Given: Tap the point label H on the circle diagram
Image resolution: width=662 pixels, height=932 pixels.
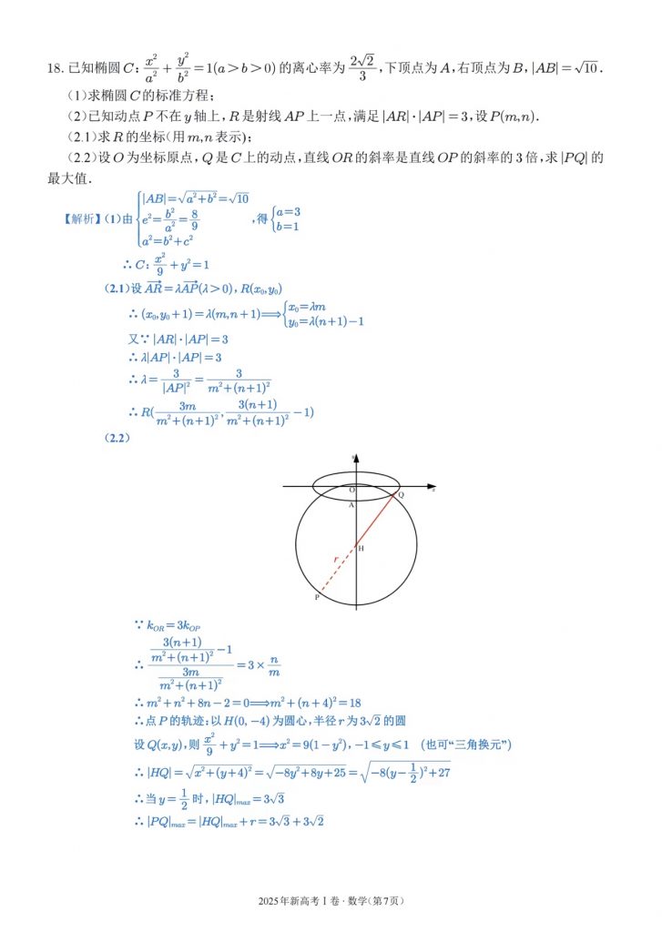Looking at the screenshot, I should (361, 549).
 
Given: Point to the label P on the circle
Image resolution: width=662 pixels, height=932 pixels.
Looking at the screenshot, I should (317, 597).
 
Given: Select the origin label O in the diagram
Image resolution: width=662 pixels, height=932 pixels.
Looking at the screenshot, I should (351, 490).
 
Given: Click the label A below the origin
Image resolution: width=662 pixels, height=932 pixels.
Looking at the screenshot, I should (351, 505).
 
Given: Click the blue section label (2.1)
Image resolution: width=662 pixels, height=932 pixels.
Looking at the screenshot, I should (120, 289).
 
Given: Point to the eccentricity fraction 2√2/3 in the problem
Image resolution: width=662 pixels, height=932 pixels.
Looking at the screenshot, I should (362, 68).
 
